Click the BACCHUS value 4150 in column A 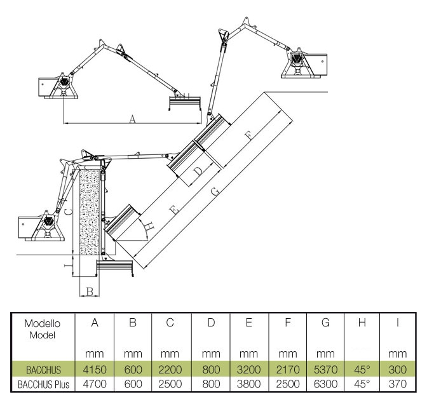coord(94,370)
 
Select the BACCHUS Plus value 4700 coord(94,384)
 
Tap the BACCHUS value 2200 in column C coord(170,370)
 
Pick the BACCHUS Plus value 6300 coord(325,384)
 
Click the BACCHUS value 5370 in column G coord(325,370)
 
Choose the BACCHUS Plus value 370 coord(397,384)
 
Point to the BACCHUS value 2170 coord(288,370)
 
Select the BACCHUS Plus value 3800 coord(249,384)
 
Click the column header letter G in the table coord(325,324)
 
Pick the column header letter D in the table coord(210,324)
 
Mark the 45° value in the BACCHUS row coord(362,370)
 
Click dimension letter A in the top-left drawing coord(132,118)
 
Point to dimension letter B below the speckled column coord(90,291)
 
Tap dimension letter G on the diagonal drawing coord(215,191)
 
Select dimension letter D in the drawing coord(198,170)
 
